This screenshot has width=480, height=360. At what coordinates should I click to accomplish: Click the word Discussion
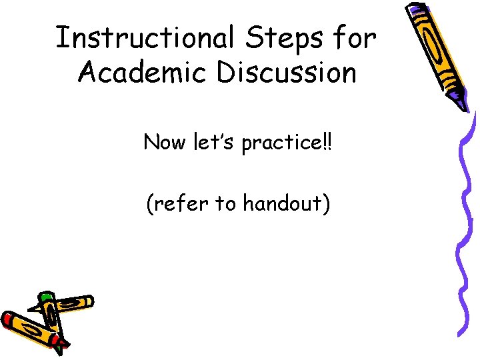click(x=286, y=73)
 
